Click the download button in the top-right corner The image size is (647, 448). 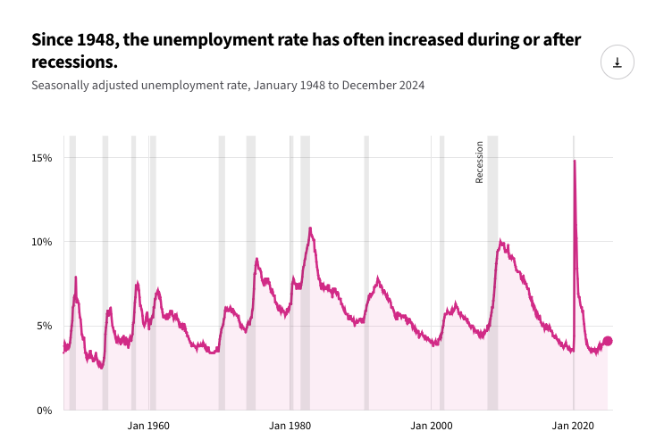pyautogui.click(x=617, y=62)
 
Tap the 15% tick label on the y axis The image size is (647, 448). pyautogui.click(x=43, y=158)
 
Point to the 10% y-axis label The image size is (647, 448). pyautogui.click(x=43, y=242)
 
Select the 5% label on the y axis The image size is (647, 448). pyautogui.click(x=46, y=326)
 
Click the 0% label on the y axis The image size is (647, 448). pyautogui.click(x=46, y=411)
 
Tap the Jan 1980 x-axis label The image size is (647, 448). pyautogui.click(x=290, y=427)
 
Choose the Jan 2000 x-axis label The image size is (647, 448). pyautogui.click(x=431, y=427)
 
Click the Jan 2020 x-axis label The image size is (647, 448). pyautogui.click(x=573, y=427)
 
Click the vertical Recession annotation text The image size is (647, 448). pyautogui.click(x=479, y=162)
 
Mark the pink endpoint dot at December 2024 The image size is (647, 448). pyautogui.click(x=608, y=341)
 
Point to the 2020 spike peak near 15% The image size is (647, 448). pyautogui.click(x=574, y=162)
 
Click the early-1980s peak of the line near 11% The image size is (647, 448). pyautogui.click(x=310, y=228)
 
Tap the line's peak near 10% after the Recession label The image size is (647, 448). pyautogui.click(x=501, y=241)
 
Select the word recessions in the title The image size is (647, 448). pyautogui.click(x=73, y=63)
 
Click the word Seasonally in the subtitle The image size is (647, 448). pyautogui.click(x=61, y=86)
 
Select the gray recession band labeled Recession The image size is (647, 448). pyautogui.click(x=492, y=268)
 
